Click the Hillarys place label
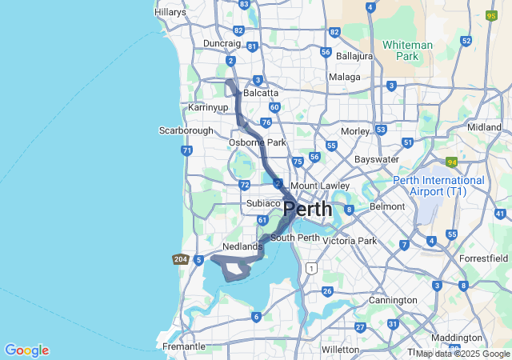[x=170, y=12]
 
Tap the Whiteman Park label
[x=407, y=50]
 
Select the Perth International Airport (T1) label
[x=438, y=186]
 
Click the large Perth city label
[x=308, y=210]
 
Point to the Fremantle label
[x=184, y=346]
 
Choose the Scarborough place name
[x=186, y=130]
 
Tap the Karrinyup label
[x=208, y=106]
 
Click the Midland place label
[x=484, y=127]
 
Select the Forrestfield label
[x=484, y=258]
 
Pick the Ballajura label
[x=354, y=57]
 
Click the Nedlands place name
[x=242, y=246]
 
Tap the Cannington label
[x=393, y=300]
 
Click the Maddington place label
[x=457, y=338]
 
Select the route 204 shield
[x=180, y=259]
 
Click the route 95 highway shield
[x=491, y=15]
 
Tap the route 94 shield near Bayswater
[x=451, y=162]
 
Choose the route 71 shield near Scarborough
[x=186, y=150]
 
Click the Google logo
[x=26, y=350]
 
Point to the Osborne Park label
[x=258, y=142]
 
